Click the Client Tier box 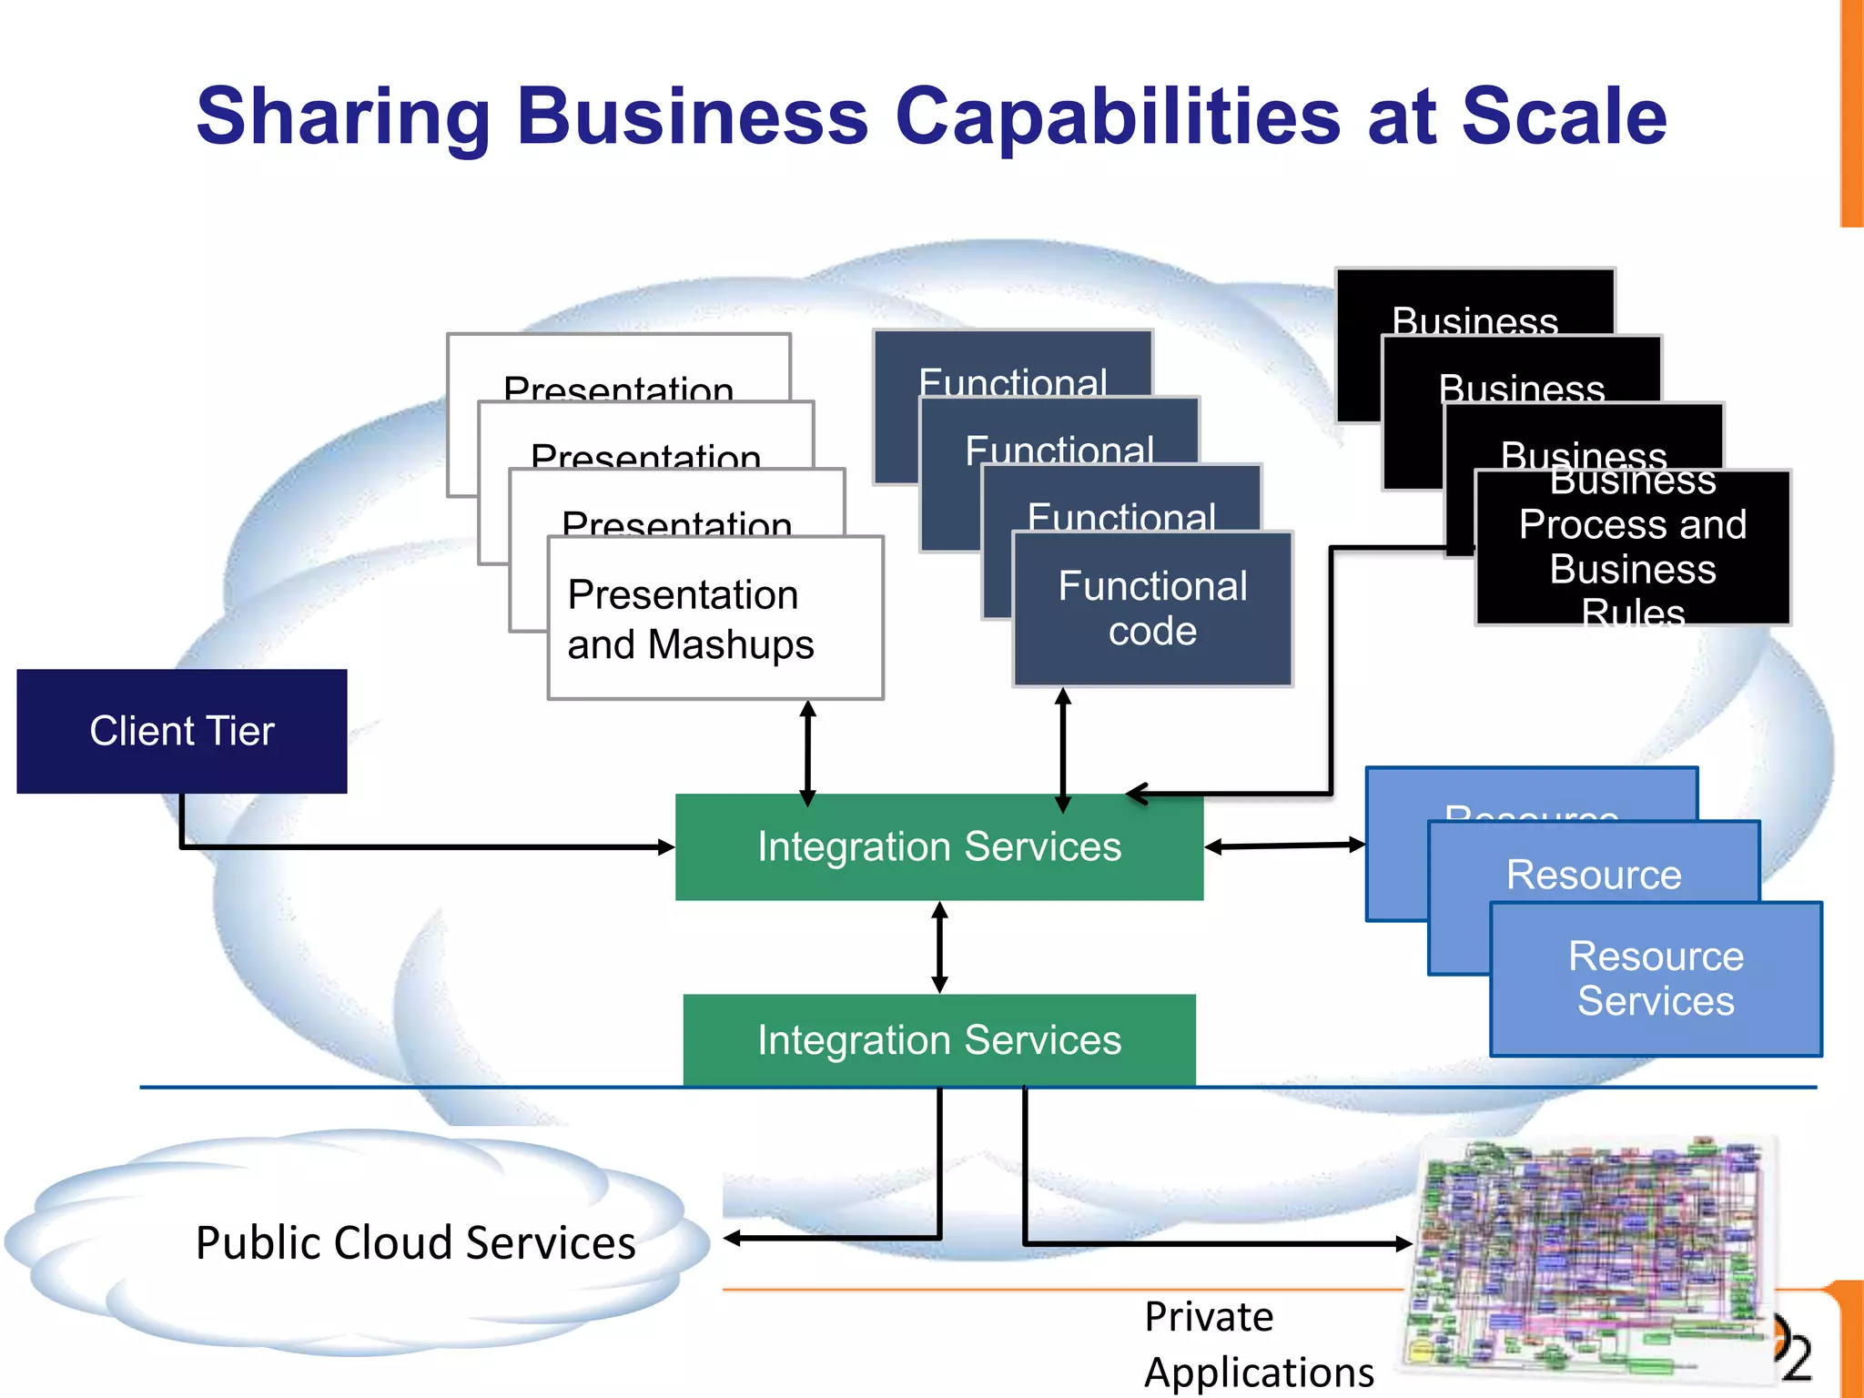(181, 731)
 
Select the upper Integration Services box (938, 847)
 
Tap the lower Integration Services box (938, 1039)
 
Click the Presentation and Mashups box (715, 618)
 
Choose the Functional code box (1152, 608)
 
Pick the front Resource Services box (1656, 979)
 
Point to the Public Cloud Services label (415, 1243)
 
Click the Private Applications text (1258, 1343)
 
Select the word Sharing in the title (343, 116)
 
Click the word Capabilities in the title (1118, 116)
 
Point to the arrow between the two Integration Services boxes (940, 947)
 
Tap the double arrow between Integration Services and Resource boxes (1284, 846)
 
